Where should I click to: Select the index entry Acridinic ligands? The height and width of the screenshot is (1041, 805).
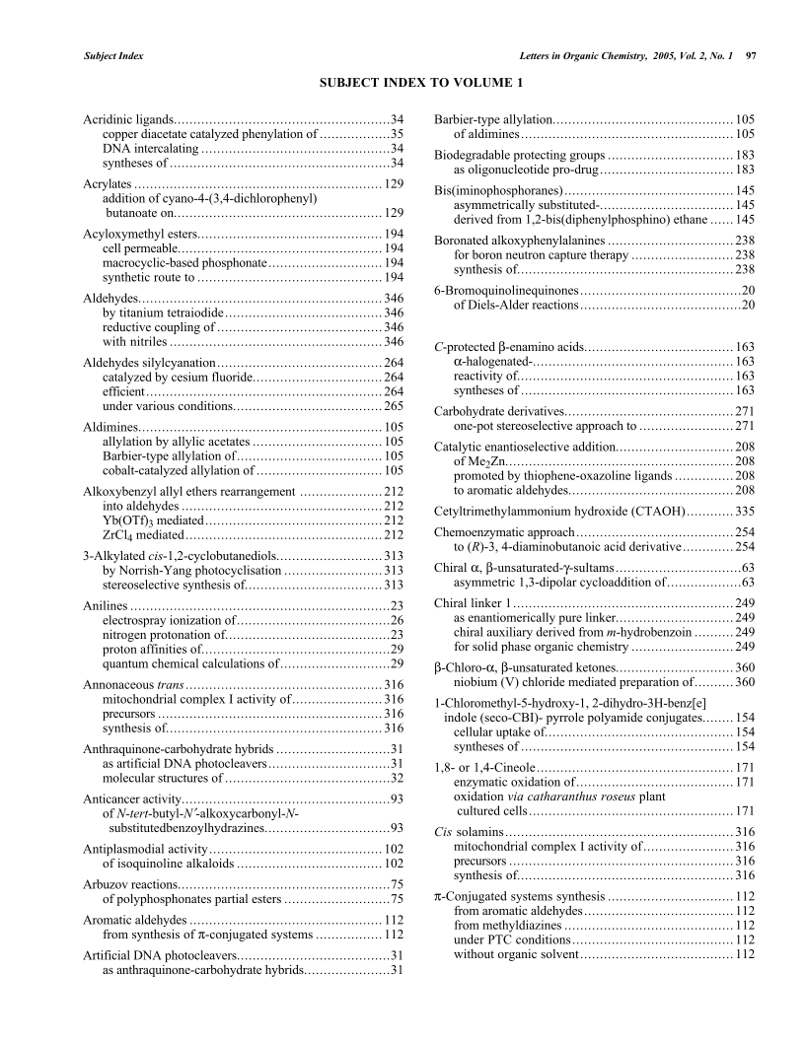click(x=129, y=119)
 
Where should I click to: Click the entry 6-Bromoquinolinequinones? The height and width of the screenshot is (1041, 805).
click(x=505, y=290)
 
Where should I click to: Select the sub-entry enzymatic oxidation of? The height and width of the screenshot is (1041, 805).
click(x=512, y=782)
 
